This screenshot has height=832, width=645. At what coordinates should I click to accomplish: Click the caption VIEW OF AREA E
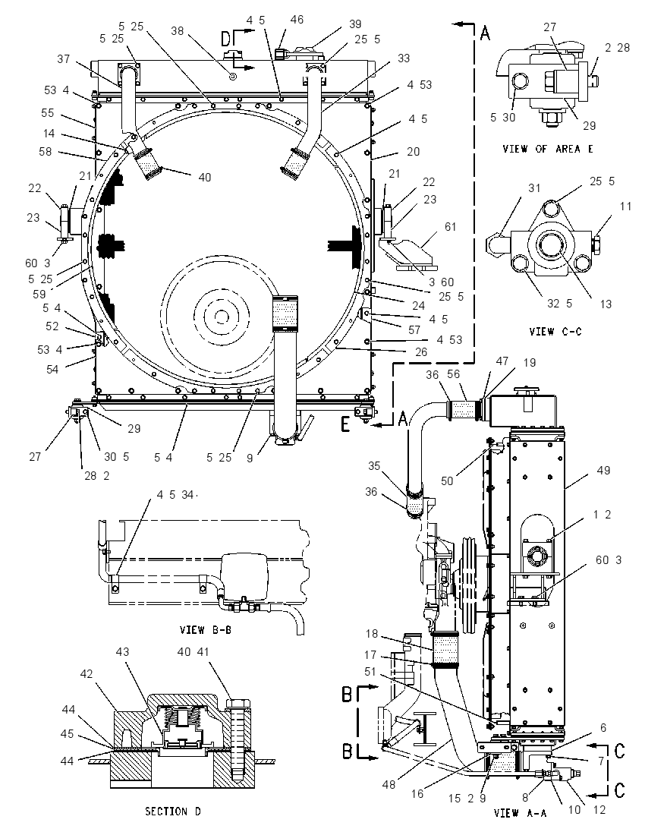click(547, 149)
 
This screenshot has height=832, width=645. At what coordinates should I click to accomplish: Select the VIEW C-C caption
click(555, 332)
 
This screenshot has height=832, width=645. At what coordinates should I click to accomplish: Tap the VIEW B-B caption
click(206, 630)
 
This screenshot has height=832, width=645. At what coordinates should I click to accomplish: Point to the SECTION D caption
click(173, 812)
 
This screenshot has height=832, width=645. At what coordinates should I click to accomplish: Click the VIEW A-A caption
click(520, 813)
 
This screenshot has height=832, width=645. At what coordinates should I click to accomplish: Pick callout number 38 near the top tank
click(177, 31)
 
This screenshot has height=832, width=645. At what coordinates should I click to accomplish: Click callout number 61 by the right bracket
click(450, 227)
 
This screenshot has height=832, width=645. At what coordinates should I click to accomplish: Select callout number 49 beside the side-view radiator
click(603, 470)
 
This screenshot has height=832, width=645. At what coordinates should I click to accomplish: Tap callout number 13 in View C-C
click(606, 304)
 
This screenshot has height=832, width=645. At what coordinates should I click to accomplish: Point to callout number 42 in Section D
click(86, 674)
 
